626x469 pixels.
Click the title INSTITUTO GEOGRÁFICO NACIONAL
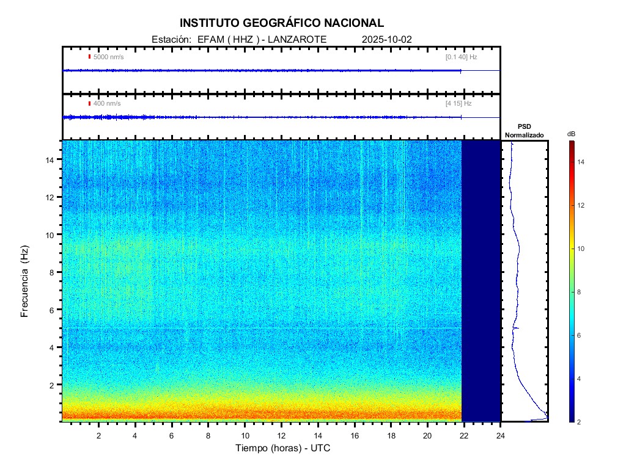coord(281,23)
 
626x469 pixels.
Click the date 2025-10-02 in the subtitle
coord(387,39)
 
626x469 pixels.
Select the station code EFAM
coord(209,39)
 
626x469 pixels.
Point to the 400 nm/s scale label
coord(106,103)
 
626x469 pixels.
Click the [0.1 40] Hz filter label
coord(461,57)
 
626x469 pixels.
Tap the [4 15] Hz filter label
coord(458,103)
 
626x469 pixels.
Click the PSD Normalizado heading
coord(524,131)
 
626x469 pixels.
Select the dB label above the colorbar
coord(571,133)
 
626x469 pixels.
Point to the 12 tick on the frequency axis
coord(51,197)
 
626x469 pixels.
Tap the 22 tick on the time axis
coord(464,435)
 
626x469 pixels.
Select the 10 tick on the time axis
coord(245,435)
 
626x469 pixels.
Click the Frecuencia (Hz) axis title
coord(25,282)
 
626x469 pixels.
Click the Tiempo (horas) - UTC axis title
coord(283,448)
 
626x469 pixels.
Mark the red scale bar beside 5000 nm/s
coord(89,57)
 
